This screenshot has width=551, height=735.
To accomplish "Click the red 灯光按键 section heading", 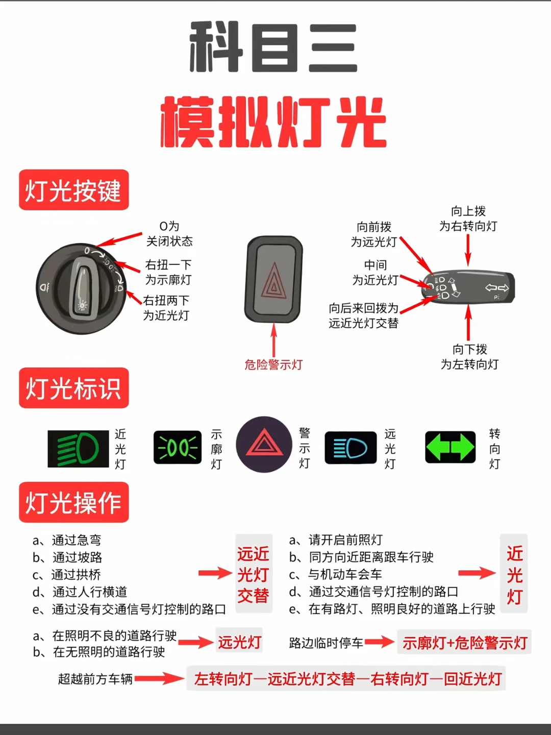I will click(x=73, y=190).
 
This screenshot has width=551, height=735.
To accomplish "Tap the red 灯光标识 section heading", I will click(x=73, y=388).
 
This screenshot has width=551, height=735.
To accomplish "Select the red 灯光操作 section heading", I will click(x=73, y=502).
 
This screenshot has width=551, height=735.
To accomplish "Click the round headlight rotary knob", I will click(x=82, y=288).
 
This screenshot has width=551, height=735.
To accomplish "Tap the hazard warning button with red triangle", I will click(x=274, y=280).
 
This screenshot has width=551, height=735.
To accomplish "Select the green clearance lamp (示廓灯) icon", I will click(x=178, y=448).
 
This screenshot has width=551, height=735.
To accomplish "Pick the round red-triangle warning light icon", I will click(x=264, y=444).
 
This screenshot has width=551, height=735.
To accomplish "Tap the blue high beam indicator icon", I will click(x=350, y=448).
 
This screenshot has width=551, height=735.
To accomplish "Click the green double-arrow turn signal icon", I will click(x=450, y=447).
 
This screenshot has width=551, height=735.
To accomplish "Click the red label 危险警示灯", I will click(x=273, y=365).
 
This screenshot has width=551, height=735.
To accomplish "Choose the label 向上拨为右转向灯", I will click(x=468, y=218).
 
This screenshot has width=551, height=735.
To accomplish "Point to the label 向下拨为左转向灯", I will click(x=469, y=357).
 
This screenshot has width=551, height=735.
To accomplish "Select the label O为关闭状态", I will click(x=169, y=233).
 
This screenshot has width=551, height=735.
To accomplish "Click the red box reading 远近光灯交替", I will click(x=254, y=574).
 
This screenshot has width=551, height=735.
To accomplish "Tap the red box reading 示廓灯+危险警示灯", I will click(x=464, y=643).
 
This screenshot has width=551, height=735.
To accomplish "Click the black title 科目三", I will click(x=273, y=47).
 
